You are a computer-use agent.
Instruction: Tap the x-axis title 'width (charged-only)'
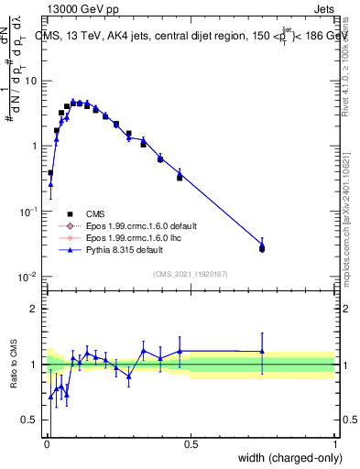coord(287,458)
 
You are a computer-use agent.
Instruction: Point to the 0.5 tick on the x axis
coord(191,445)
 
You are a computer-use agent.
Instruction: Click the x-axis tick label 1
coord(335,445)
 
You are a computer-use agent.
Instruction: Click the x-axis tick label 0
coord(47,445)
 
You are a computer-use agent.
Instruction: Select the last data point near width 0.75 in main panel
coord(262,248)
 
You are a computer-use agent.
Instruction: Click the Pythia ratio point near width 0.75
coord(262,351)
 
